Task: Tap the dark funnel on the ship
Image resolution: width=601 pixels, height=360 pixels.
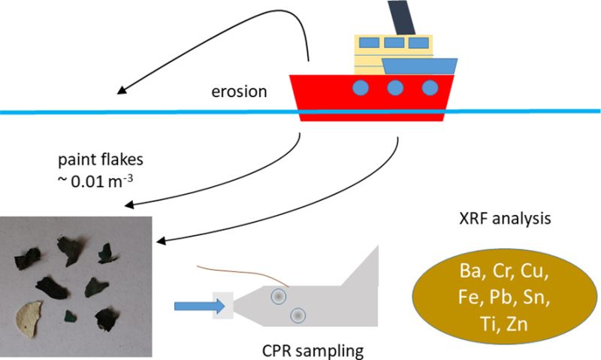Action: (x=400, y=17)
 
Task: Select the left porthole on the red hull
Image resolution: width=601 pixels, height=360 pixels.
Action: (x=361, y=89)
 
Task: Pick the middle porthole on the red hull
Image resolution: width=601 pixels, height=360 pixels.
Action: (x=396, y=89)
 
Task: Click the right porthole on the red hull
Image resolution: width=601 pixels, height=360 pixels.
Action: (x=430, y=89)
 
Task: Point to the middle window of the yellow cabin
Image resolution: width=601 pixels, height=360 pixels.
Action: (x=392, y=43)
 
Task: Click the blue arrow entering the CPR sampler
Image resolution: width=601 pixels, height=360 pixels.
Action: (x=197, y=306)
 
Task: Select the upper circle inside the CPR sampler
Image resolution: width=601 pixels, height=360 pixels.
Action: (x=279, y=297)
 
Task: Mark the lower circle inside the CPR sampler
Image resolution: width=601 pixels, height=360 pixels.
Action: (x=298, y=316)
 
